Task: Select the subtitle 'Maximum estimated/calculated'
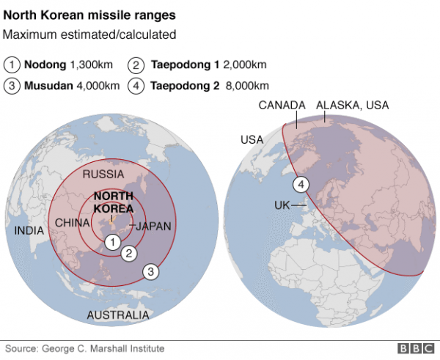tap(89, 34)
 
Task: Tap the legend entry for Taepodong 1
tap(197, 65)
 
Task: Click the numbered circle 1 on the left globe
tap(111, 241)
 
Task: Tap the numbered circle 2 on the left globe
tap(129, 254)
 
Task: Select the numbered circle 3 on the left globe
tap(150, 272)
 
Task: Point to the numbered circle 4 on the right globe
tap(300, 184)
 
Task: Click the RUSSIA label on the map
tap(103, 175)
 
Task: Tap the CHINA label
tap(72, 223)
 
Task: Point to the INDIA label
tap(29, 230)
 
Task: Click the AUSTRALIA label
tap(118, 315)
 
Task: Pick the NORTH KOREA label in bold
tap(114, 202)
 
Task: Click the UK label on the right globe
tap(282, 205)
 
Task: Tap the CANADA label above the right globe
tap(282, 106)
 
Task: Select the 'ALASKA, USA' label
tap(352, 106)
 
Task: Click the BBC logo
tap(416, 349)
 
